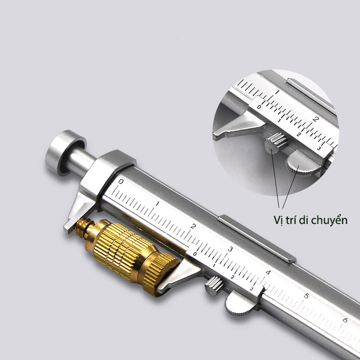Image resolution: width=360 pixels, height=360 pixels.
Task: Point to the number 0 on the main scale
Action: click(121, 181)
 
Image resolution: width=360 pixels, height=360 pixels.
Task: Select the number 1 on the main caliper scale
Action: click(157, 203)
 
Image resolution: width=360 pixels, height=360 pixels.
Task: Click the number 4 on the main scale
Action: click(267, 272)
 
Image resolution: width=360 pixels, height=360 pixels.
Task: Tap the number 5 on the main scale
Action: click(306, 296)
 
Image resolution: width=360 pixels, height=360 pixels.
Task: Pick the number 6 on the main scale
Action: click(345, 320)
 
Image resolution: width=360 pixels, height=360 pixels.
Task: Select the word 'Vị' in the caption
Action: click(278, 220)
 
